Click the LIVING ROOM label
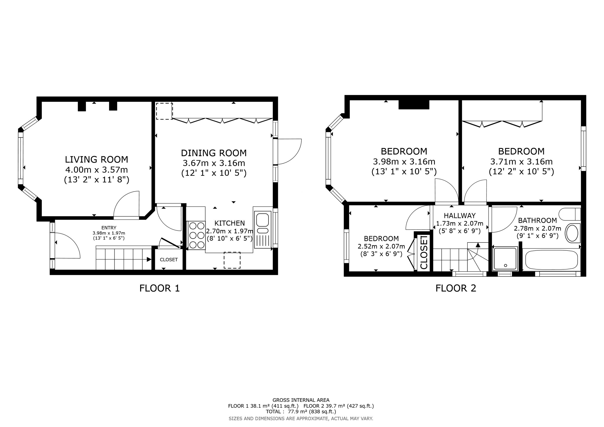click(x=96, y=159)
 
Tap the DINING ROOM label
click(x=214, y=153)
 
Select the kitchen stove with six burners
click(x=197, y=235)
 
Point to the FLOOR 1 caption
click(x=159, y=288)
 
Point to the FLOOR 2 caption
click(x=456, y=288)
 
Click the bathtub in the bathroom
click(x=551, y=260)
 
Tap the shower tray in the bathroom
click(x=505, y=259)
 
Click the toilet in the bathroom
click(x=570, y=214)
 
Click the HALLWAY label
click(x=460, y=216)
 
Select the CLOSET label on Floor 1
click(x=169, y=260)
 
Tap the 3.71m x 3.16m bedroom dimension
click(x=521, y=162)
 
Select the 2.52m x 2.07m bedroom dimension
click(x=381, y=247)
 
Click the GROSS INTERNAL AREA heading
click(x=301, y=400)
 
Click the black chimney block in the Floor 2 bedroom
click(x=414, y=105)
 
